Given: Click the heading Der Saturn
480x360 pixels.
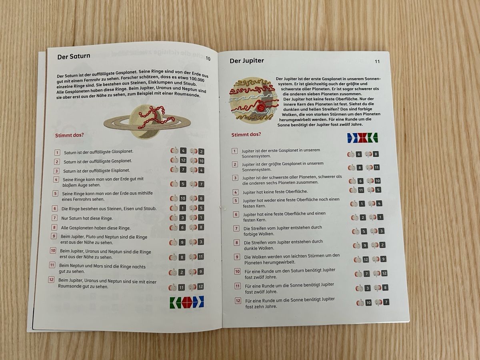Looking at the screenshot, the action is point(74,56).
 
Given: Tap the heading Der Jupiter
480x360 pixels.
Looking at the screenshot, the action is point(247,60).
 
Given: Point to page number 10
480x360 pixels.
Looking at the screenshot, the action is point(208,58).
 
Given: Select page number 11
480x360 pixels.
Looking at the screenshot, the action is point(377,62).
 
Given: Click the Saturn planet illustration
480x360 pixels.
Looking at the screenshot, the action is point(147,122).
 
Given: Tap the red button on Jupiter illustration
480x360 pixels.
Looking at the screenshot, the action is point(261,108).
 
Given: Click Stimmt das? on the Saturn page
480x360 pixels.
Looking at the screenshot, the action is point(69,135).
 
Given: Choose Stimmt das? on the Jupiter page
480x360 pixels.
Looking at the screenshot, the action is point(246,134).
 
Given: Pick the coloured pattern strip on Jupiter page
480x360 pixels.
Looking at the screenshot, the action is point(362,138).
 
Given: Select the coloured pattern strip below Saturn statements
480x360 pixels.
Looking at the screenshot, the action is point(186,302).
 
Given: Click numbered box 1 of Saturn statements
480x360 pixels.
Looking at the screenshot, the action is point(57,152).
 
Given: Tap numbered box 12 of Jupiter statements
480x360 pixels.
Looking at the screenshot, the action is point(238,301).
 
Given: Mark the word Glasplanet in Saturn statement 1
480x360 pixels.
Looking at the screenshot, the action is point(122,152).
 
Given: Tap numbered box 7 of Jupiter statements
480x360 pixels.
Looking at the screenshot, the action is point(236,229).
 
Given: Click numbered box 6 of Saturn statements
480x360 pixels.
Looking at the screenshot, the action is point(55,208).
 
